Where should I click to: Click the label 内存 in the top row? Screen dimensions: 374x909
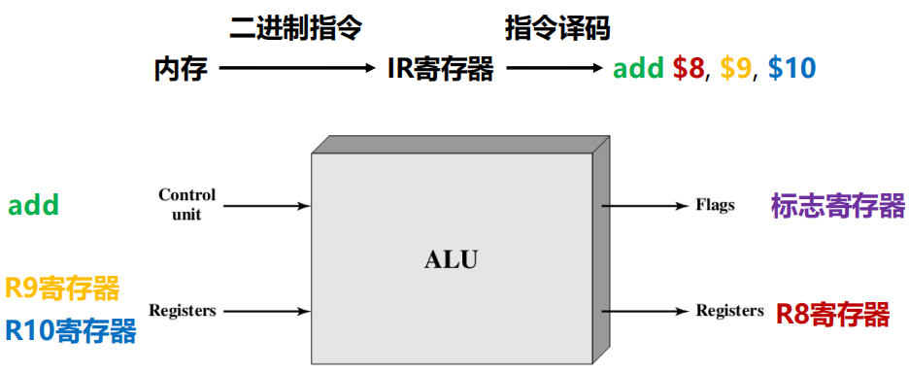click(181, 69)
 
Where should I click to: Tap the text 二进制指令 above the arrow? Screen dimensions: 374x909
click(295, 28)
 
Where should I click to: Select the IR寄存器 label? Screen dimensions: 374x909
click(440, 69)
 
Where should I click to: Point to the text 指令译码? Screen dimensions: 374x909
click(556, 28)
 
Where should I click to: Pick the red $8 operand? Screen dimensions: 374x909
click(690, 69)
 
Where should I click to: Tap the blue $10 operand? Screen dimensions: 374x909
click(791, 69)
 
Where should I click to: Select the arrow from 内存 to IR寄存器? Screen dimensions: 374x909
click(297, 68)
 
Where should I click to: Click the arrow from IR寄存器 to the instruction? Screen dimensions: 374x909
click(555, 68)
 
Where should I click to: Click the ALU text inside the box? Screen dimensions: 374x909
click(452, 259)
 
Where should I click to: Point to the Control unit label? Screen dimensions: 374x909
click(186, 205)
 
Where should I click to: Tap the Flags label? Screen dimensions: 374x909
click(715, 206)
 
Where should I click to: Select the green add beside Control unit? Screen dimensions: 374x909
click(34, 206)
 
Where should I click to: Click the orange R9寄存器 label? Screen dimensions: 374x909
click(63, 289)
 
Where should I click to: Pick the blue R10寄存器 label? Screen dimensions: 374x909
click(70, 331)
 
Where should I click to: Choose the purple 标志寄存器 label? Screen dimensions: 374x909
click(837, 206)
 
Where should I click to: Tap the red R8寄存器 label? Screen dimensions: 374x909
click(833, 313)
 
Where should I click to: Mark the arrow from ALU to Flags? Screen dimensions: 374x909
click(644, 206)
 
